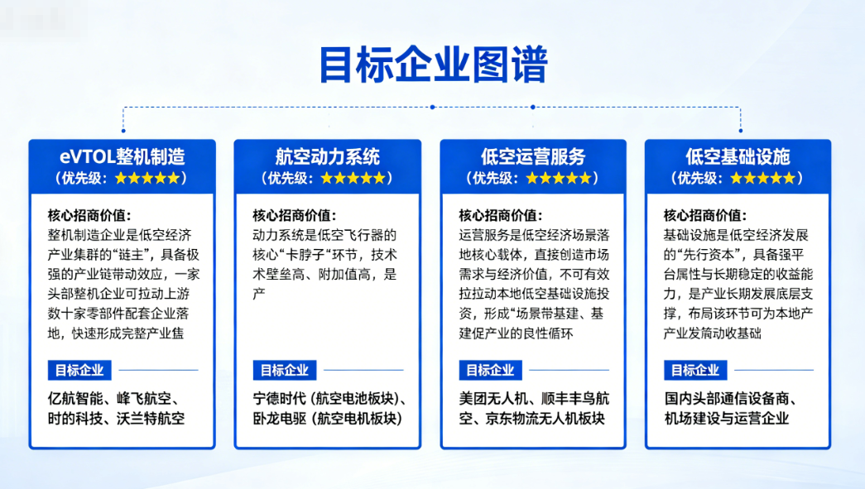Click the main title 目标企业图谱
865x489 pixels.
434,65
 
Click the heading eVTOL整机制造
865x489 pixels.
123,156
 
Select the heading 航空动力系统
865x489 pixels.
328,156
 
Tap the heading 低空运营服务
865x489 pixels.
533,156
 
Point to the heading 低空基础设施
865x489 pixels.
738,156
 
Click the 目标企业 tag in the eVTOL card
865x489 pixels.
79,370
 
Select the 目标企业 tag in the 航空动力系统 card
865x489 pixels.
285,370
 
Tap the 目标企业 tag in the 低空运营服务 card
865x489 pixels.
490,370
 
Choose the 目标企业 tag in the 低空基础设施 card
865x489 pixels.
695,370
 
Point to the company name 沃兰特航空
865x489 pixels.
151,419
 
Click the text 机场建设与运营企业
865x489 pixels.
727,419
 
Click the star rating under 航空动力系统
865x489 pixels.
353,178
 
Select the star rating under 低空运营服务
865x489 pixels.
558,178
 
